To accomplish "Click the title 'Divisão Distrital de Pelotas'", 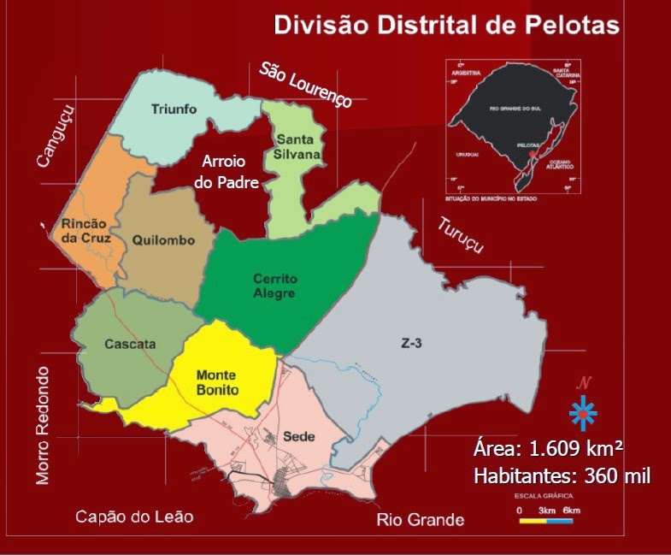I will (x=445, y=24).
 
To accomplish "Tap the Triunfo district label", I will (x=174, y=109).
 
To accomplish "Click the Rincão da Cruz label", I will (x=85, y=231).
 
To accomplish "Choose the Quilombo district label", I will (x=164, y=240).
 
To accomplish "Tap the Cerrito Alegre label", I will (x=274, y=286).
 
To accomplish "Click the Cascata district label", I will (x=130, y=344).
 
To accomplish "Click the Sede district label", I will (x=299, y=436).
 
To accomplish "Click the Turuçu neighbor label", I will (x=461, y=235).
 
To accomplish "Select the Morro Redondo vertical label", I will (x=44, y=426).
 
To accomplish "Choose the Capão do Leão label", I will (x=134, y=517).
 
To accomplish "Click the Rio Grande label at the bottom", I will (x=421, y=520).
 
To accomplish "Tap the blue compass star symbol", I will (x=583, y=413).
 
